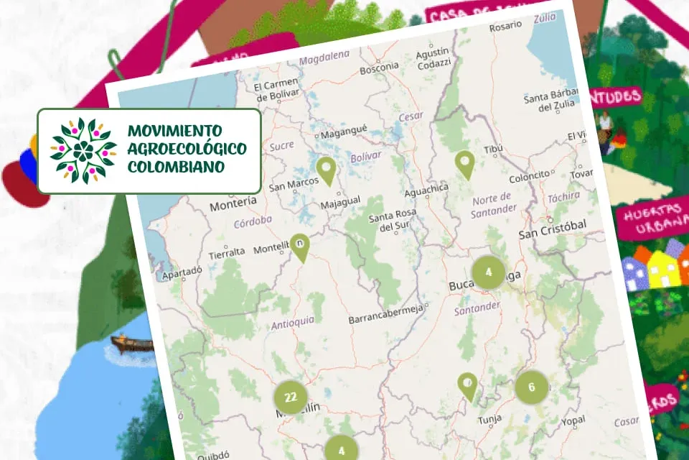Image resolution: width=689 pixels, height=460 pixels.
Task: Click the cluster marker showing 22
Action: click(290, 397)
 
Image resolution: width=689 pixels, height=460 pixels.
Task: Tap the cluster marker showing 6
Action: click(531, 387)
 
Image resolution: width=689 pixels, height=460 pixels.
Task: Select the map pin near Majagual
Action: click(327, 171)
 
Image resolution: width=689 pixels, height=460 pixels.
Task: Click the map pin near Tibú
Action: click(465, 164)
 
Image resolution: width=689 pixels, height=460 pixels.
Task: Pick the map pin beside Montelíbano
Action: click(299, 247)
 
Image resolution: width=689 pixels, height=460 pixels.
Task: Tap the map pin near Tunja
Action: click(468, 386)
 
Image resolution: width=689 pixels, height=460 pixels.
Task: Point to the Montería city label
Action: click(233, 206)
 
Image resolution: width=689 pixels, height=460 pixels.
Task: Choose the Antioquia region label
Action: click(293, 323)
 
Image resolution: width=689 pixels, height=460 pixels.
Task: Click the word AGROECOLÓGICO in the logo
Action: click(187, 149)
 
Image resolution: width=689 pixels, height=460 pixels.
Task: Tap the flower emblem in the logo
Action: click(83, 150)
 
